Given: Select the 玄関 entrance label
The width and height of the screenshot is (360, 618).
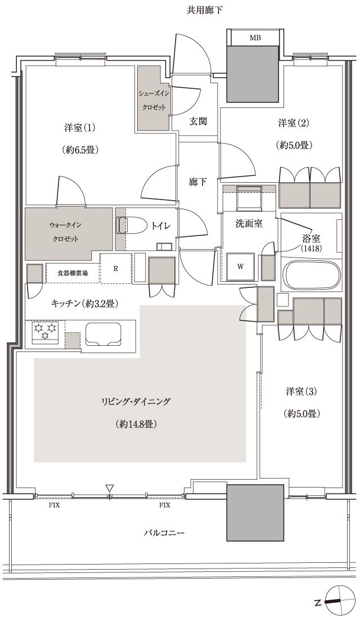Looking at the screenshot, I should coord(197,121).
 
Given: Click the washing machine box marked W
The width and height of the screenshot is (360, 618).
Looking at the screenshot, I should coord(240,267).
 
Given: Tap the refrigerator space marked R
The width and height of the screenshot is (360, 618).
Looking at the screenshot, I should coord(115,268).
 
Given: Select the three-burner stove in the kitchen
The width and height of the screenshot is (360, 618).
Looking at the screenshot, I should coord(45,332).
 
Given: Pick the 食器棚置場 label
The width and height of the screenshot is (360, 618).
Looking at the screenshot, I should coord(73,273).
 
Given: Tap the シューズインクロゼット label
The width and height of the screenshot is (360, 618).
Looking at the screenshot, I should coord(154,99).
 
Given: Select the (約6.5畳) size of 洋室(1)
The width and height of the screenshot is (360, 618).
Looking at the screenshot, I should coord(79,150).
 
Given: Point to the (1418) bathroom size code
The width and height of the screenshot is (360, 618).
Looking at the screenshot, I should coord(310,247).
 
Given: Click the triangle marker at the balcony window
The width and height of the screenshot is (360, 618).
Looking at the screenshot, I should coord(110,488).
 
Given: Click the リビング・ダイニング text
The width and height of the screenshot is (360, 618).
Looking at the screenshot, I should coord(136,402).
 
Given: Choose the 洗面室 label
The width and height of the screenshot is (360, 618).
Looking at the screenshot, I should coord(249,223).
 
